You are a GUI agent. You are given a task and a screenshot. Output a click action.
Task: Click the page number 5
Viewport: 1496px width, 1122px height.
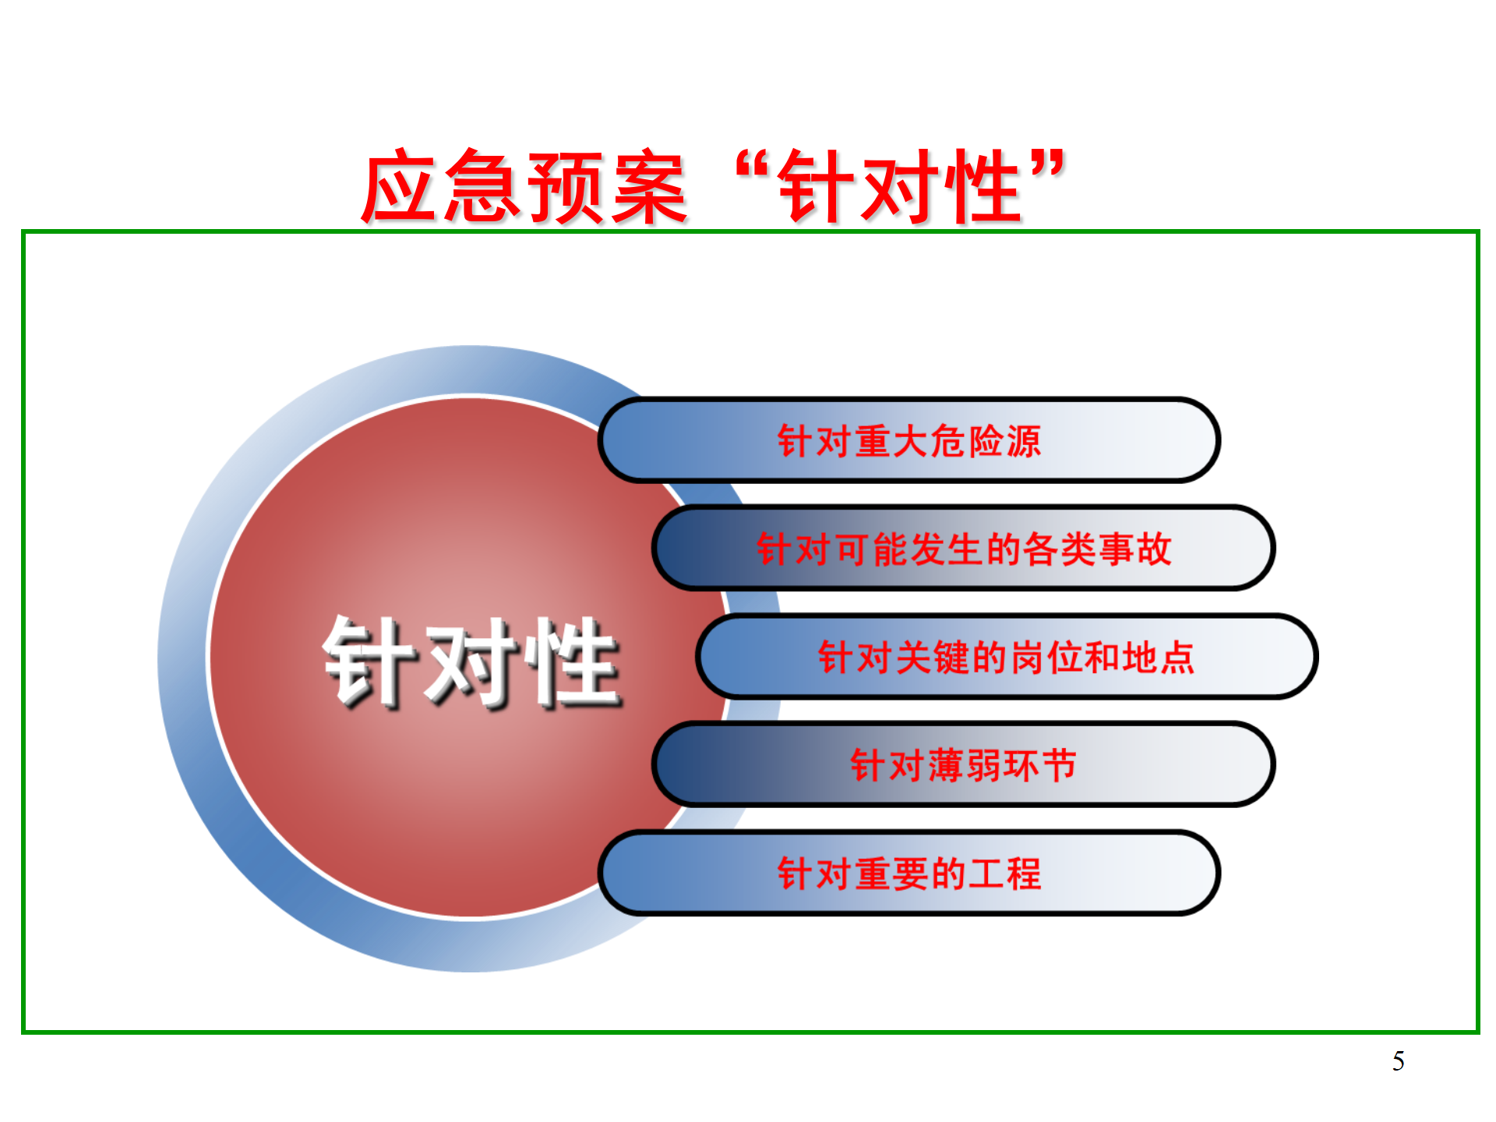[1399, 1061]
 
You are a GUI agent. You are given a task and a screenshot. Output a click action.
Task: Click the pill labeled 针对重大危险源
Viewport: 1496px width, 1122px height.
[909, 440]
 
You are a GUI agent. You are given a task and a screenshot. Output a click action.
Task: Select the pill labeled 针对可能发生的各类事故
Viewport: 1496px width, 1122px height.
[963, 549]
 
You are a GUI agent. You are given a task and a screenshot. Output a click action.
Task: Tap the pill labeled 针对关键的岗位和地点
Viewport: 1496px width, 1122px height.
[1007, 657]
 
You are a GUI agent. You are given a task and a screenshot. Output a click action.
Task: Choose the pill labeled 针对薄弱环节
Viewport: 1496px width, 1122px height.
[963, 764]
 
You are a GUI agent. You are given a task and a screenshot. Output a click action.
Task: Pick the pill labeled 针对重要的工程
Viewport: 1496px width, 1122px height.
[909, 873]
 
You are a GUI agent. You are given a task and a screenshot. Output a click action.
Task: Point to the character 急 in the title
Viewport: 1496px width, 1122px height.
[483, 187]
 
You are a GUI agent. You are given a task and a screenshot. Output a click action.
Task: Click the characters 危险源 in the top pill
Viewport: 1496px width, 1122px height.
[986, 441]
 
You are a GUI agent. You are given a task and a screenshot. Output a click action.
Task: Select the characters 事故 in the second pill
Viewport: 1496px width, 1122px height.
[1134, 549]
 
